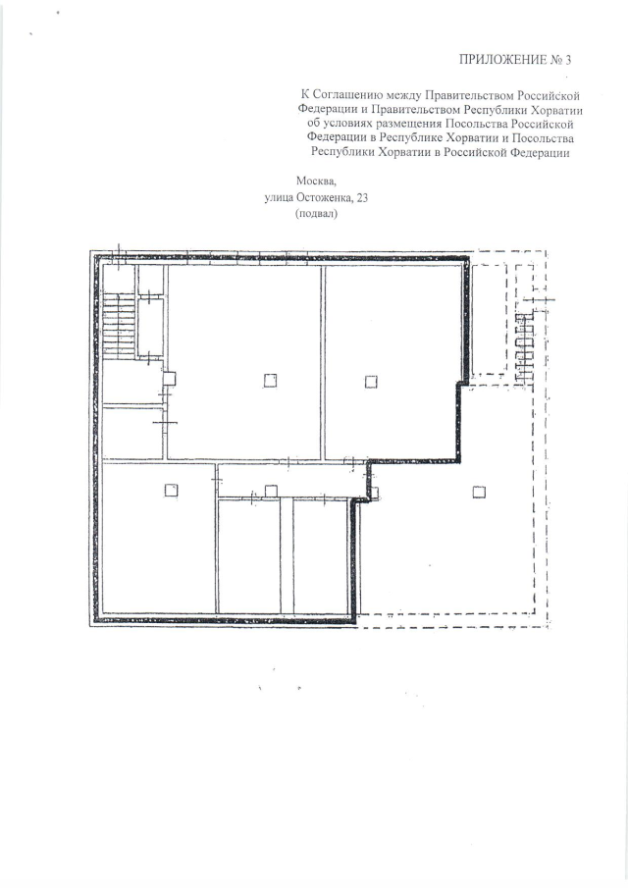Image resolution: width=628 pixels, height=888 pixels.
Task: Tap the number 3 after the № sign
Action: pos(568,60)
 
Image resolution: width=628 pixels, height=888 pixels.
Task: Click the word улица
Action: pos(279,197)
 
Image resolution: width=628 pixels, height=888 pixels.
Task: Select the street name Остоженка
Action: pos(326,197)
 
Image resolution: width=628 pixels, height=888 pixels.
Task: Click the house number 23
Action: pos(362,197)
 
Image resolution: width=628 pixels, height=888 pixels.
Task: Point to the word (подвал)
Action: pos(316,214)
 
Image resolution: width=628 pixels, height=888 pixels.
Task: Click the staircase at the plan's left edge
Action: pos(119,326)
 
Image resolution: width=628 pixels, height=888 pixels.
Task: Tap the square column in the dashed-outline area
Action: pos(479,492)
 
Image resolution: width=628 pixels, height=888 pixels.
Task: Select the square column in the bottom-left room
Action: pos(171,490)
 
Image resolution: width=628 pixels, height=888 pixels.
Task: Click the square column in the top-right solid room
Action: pos(371,382)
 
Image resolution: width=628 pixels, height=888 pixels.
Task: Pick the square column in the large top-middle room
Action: pos(270,381)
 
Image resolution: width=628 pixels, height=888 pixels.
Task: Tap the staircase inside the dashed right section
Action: pos(524,346)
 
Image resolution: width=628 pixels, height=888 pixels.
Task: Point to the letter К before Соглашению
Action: pos(305,95)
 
